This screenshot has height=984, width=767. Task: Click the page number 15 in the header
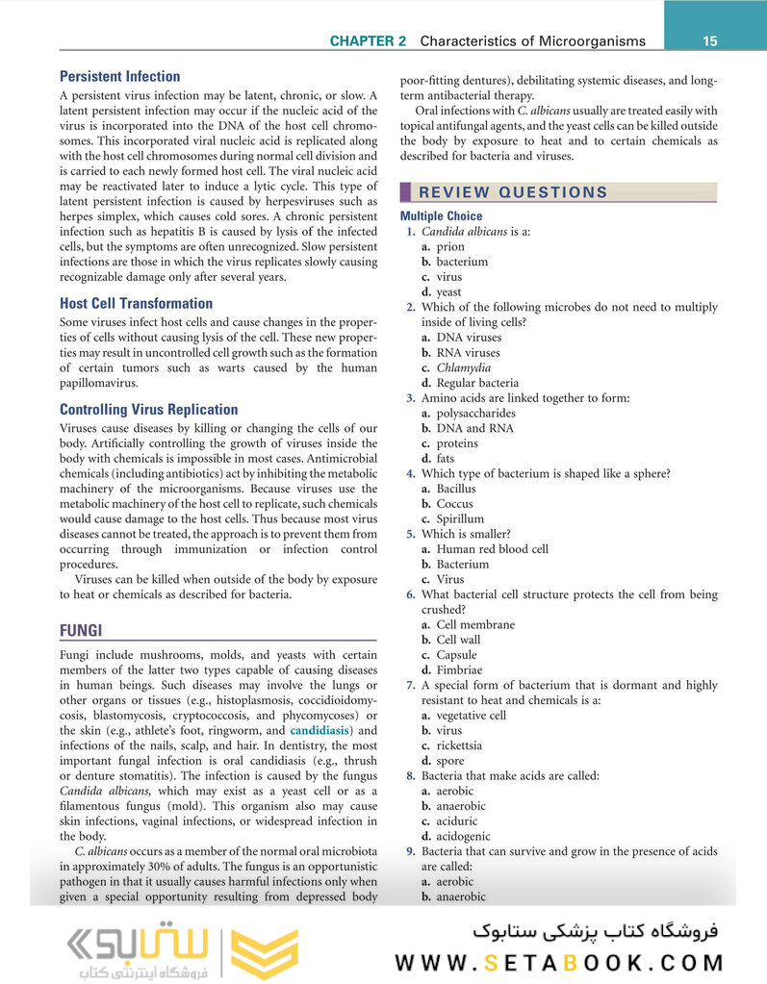pyautogui.click(x=710, y=40)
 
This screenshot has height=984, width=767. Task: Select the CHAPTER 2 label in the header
pyautogui.click(x=368, y=41)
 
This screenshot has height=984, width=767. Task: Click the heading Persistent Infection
pyautogui.click(x=119, y=76)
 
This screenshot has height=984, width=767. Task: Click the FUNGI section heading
pyautogui.click(x=81, y=630)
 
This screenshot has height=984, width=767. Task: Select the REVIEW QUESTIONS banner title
pyautogui.click(x=513, y=191)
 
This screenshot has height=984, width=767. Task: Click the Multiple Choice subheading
pyautogui.click(x=441, y=216)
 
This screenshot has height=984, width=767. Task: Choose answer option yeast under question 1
pyautogui.click(x=448, y=291)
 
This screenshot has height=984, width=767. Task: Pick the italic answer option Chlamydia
pyautogui.click(x=463, y=367)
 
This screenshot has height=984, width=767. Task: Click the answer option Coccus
pyautogui.click(x=455, y=503)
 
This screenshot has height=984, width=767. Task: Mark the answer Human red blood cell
pyautogui.click(x=492, y=549)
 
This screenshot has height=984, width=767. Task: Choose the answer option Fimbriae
pyautogui.click(x=459, y=669)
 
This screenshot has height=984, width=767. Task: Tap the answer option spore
pyautogui.click(x=450, y=761)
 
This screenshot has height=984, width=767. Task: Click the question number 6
pyautogui.click(x=410, y=594)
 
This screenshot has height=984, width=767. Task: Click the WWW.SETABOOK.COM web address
pyautogui.click(x=559, y=962)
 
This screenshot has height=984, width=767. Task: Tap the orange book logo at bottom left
pyautogui.click(x=254, y=952)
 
